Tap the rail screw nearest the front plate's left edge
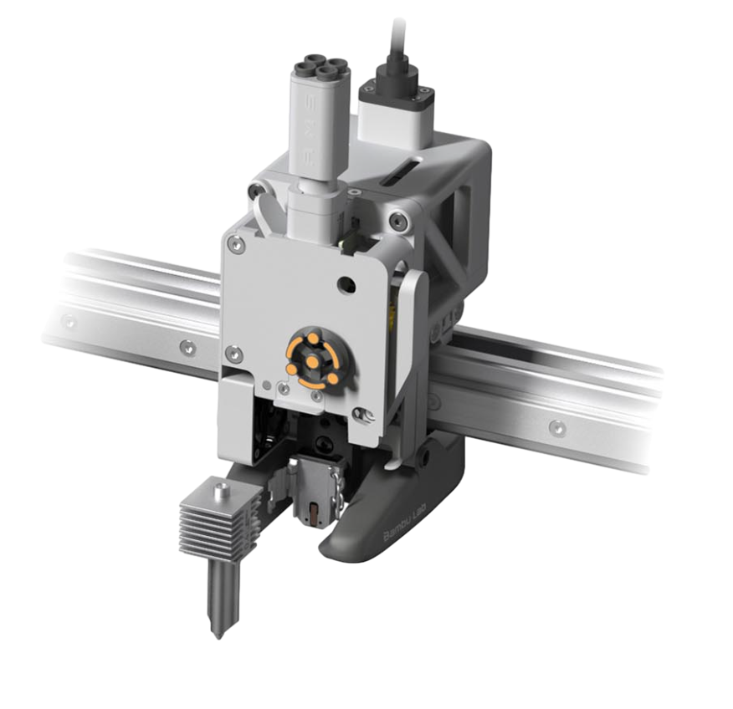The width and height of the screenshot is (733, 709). (x=187, y=344)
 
